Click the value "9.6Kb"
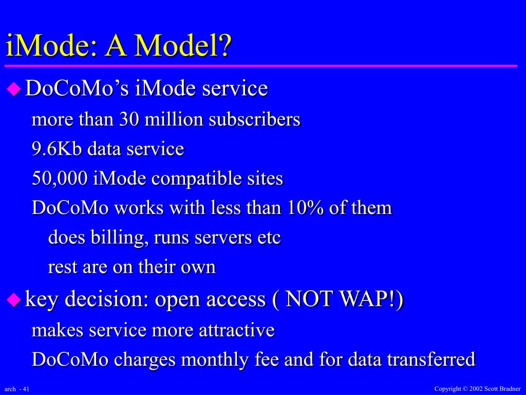tap(57, 149)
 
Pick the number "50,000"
tap(60, 178)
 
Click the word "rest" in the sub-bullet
tap(62, 267)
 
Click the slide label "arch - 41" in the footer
tap(17, 389)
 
